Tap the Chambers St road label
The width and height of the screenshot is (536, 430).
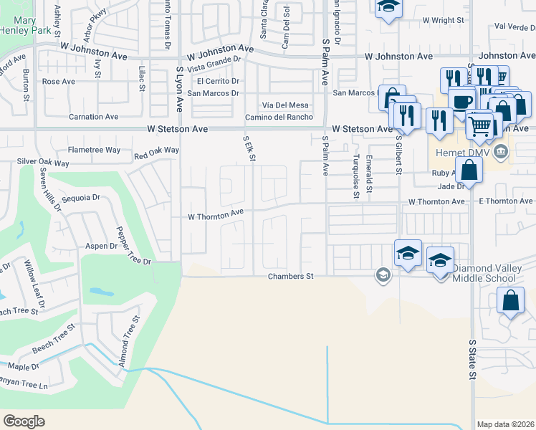(291, 276)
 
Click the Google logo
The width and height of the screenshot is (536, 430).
(24, 421)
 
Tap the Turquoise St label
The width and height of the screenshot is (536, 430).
(355, 175)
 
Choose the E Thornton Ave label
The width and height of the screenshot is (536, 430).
(506, 201)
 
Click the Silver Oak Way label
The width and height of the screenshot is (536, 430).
(43, 163)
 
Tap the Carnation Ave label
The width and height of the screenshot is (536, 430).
(93, 117)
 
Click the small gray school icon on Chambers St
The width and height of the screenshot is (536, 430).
(383, 274)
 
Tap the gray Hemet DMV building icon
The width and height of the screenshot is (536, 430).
(501, 150)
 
